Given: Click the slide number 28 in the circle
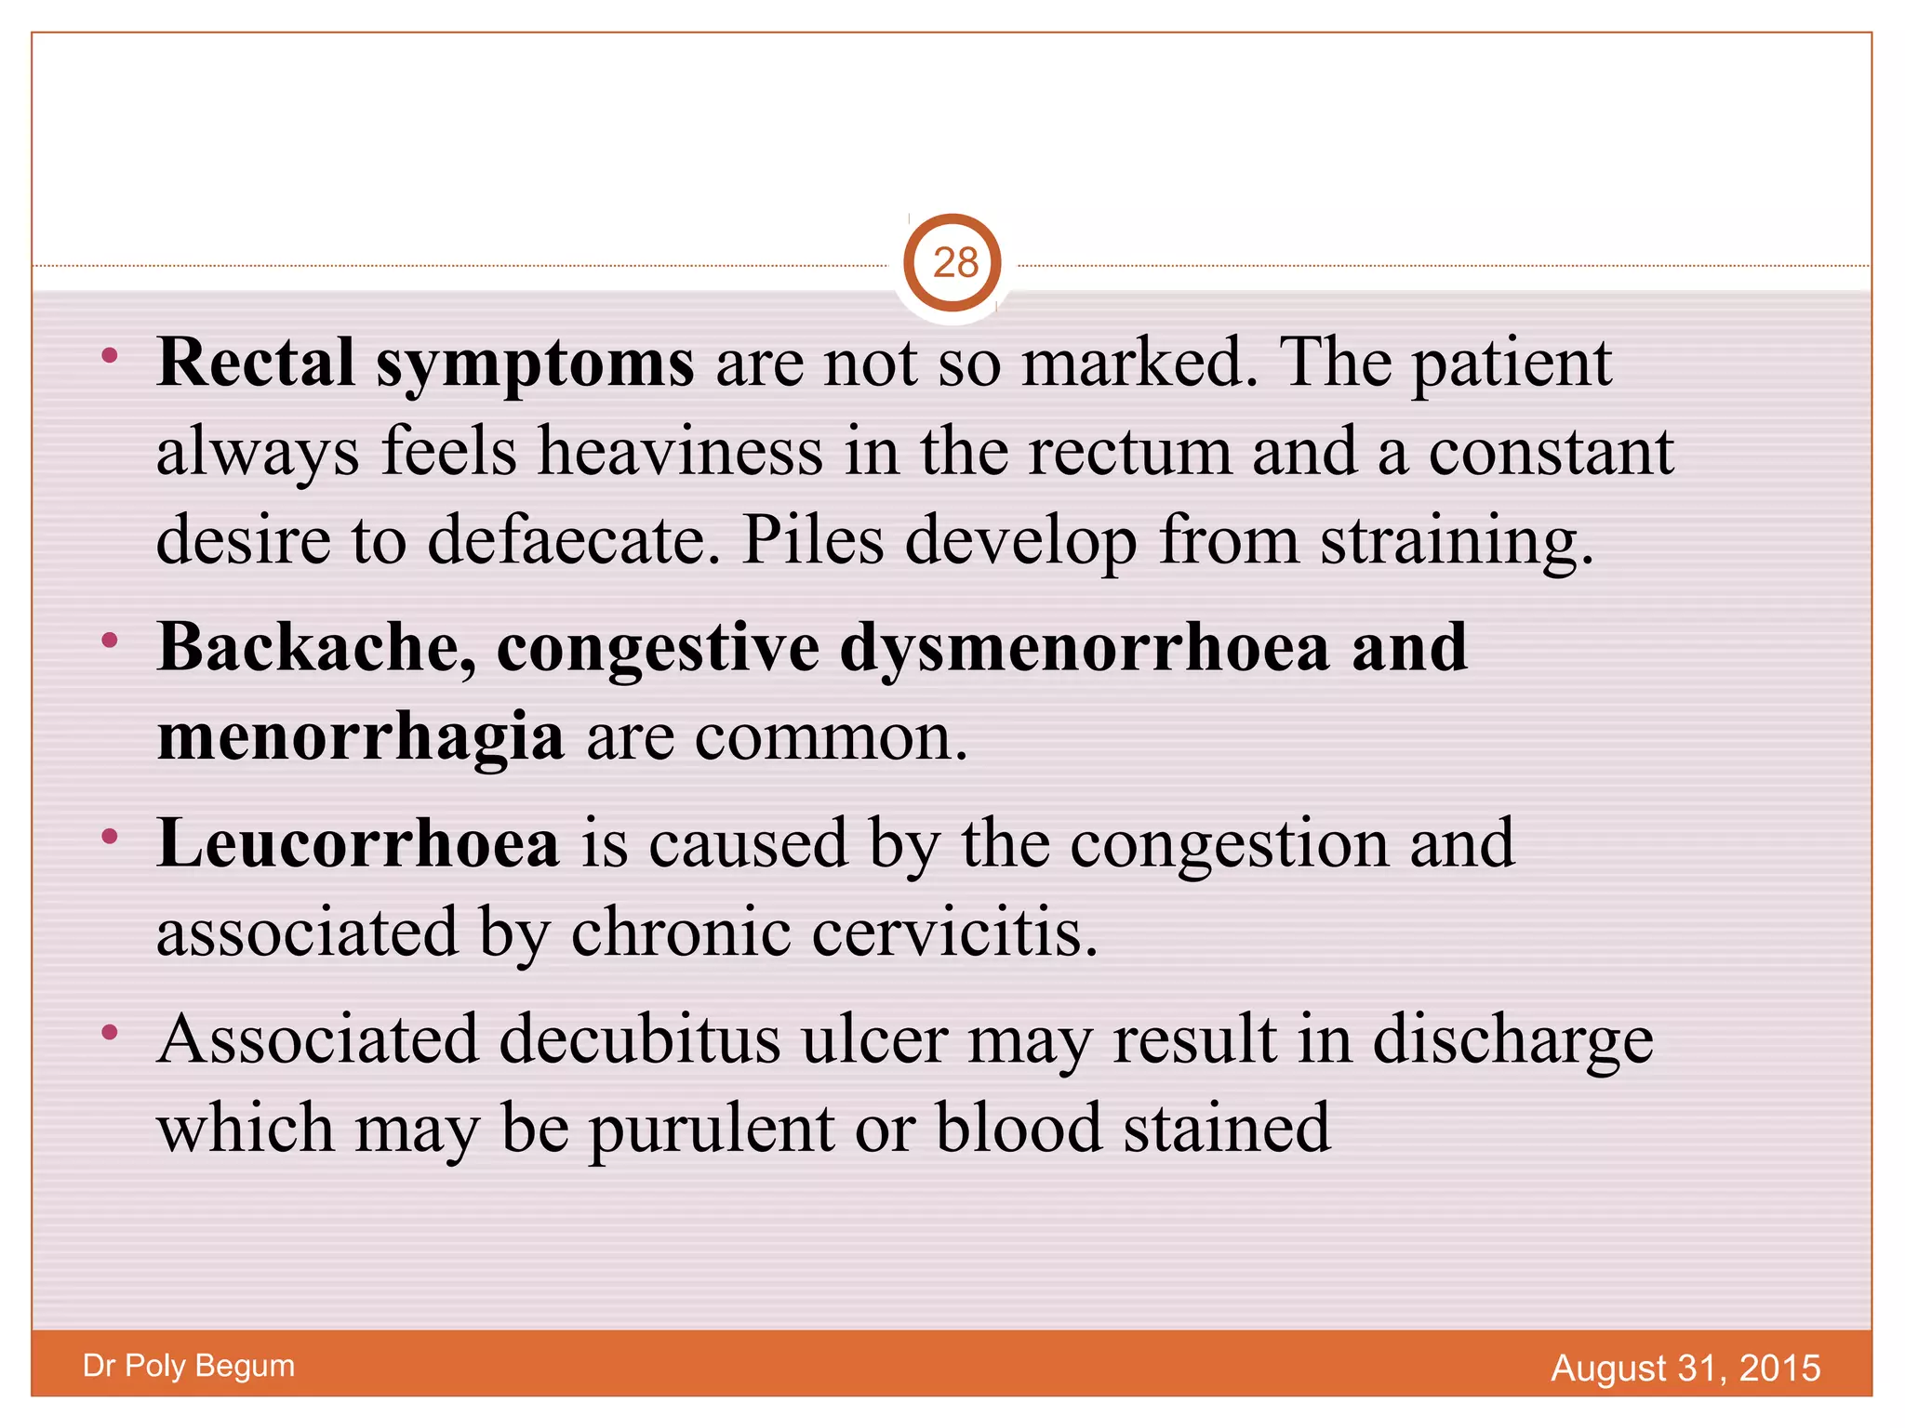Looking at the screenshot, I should pyautogui.click(x=954, y=264).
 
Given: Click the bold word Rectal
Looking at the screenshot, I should pyautogui.click(x=256, y=362).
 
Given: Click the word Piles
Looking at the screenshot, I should pyautogui.click(x=812, y=540).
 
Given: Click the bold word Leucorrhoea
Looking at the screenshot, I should pyautogui.click(x=358, y=843).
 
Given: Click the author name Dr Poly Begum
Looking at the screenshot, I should pyautogui.click(x=189, y=1366).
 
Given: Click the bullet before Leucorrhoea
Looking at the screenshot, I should pyautogui.click(x=110, y=837).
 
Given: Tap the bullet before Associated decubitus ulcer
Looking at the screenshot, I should pyautogui.click(x=110, y=1032).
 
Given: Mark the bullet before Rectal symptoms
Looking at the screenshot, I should pyautogui.click(x=110, y=355).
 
